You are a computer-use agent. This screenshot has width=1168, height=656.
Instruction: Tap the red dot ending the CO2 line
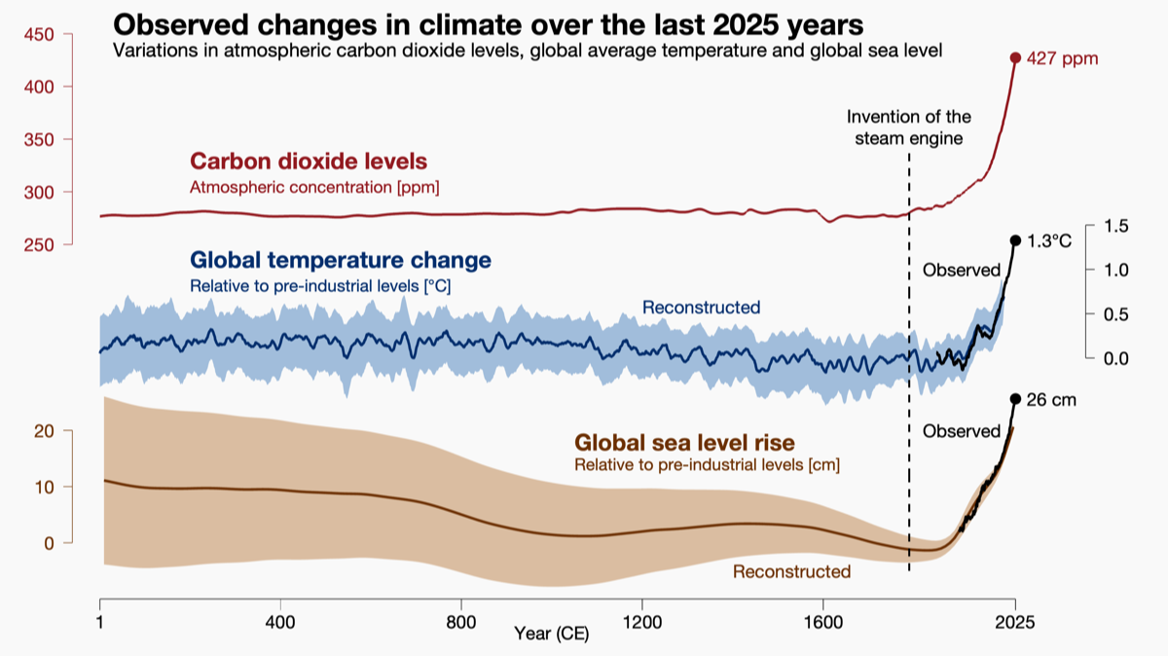tap(1015, 58)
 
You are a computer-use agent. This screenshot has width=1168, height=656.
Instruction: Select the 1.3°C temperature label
tap(1049, 240)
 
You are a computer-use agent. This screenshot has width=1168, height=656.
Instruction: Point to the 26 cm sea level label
tap(1052, 399)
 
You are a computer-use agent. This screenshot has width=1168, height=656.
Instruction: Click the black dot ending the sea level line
tap(1015, 398)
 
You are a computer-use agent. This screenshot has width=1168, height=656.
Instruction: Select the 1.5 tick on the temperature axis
tap(1115, 226)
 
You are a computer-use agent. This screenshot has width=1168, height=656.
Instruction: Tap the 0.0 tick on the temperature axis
tap(1115, 358)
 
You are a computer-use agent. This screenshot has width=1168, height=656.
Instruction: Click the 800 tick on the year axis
tap(461, 621)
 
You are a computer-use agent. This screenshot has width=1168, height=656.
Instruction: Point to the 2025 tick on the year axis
tap(1015, 621)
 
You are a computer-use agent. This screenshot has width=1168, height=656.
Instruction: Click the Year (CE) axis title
tap(552, 635)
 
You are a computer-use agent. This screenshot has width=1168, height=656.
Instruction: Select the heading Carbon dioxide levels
tap(309, 162)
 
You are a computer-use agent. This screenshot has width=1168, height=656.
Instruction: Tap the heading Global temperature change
tap(340, 261)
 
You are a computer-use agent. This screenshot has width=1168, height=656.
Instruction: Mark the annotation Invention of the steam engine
tap(909, 128)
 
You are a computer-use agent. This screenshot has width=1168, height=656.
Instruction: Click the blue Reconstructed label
tap(701, 308)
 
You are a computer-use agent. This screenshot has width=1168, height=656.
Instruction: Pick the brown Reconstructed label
tap(791, 571)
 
